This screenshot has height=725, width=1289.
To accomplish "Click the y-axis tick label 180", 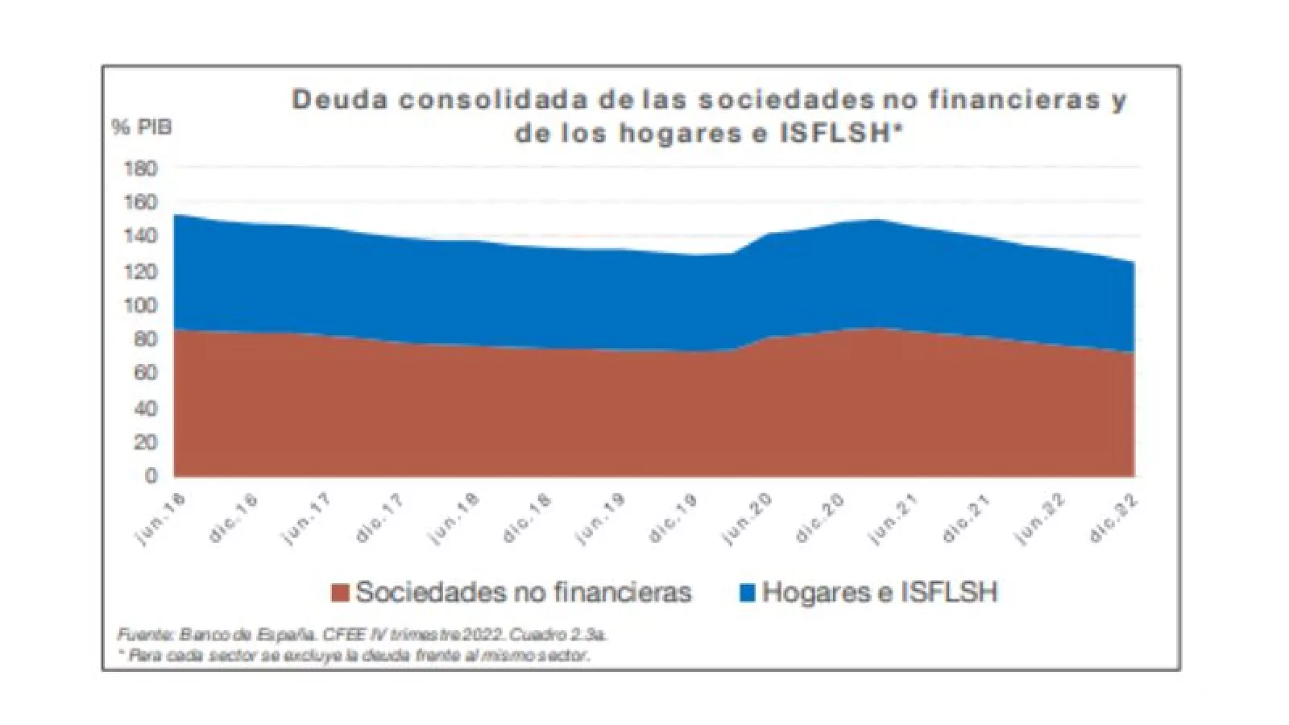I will point(140,169).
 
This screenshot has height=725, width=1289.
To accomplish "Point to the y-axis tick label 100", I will point(140,305).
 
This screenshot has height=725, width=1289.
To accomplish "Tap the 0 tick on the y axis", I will point(151,476).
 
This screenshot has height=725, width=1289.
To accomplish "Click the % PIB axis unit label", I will point(142,127).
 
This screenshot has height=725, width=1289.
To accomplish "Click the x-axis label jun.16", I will point(162,519).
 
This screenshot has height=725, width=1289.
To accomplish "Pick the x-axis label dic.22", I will point(1117,519).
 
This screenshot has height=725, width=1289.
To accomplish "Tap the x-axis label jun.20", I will point(748,519).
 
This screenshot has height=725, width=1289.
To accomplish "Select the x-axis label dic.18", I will point(528,519).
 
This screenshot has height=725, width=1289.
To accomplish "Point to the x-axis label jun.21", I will point(894,519).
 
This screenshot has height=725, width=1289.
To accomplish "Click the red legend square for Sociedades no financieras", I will point(341,593).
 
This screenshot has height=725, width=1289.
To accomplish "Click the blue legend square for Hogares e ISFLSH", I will point(748,593).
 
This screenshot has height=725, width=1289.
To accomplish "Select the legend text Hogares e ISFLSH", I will point(880,593).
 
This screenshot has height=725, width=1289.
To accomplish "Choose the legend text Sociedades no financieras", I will point(524,593).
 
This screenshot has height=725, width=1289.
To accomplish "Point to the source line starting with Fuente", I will point(363,635).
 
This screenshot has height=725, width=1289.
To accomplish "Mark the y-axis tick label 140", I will point(140,237).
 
